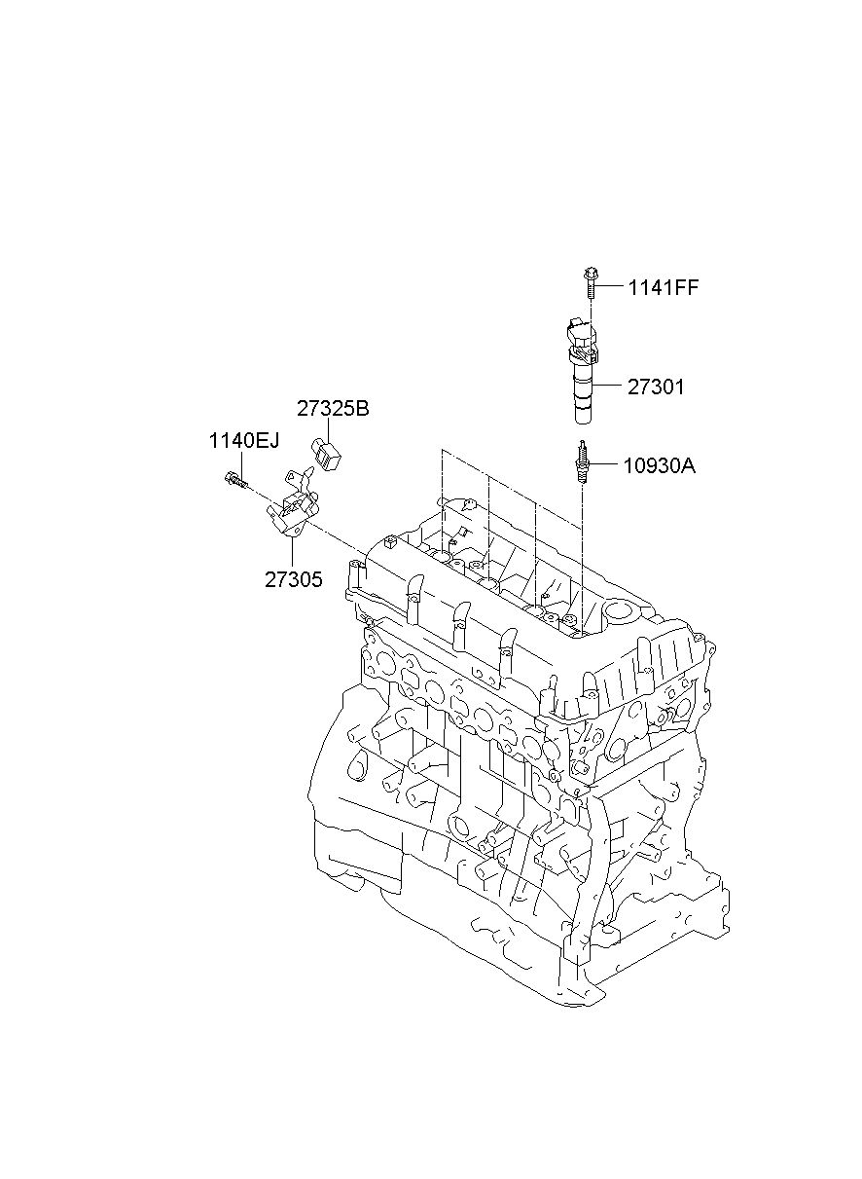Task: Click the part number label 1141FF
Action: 663,287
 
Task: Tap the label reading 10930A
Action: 660,465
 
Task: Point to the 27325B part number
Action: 333,409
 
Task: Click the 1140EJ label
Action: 243,441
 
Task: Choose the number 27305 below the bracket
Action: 293,578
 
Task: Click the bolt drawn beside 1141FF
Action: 590,283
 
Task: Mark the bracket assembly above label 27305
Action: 293,506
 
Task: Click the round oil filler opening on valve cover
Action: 619,613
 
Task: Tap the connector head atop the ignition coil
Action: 580,333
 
